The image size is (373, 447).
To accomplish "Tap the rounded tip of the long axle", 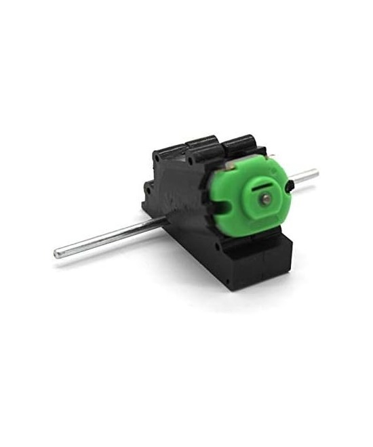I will coord(58,255).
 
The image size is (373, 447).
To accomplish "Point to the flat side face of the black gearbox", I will coord(180,196).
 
